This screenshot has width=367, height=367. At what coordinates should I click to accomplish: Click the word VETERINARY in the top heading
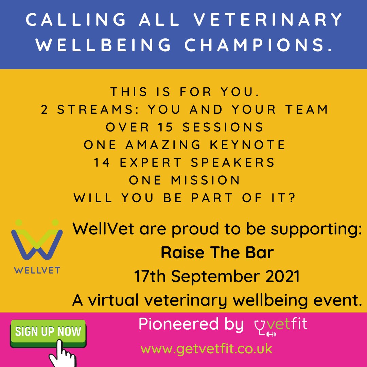coord(269,20)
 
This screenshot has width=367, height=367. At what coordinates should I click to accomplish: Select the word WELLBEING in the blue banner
coord(103,45)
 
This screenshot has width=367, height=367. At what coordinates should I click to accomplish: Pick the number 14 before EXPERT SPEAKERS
coord(102,162)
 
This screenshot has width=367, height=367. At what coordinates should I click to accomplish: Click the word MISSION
coord(206,180)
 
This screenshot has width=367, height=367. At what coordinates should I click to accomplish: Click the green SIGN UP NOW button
coord(48,332)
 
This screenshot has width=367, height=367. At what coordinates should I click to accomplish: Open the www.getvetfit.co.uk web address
coord(206,349)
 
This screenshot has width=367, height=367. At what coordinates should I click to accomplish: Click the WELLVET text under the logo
coord(37,271)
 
